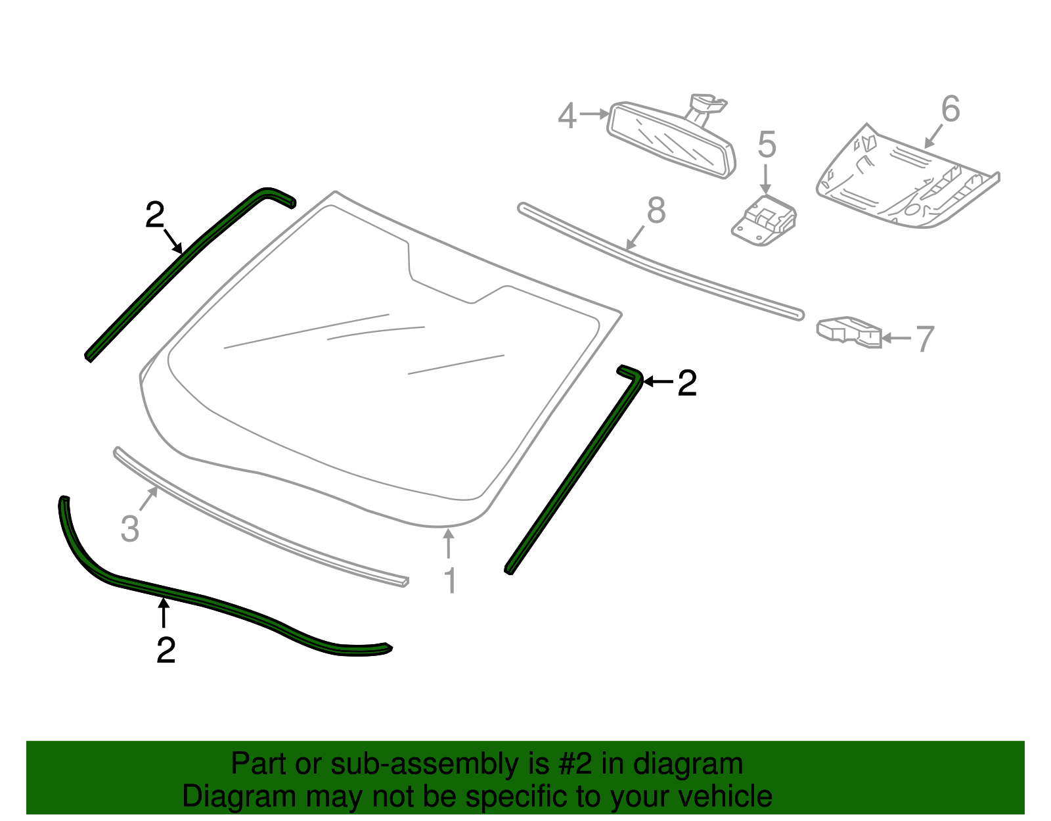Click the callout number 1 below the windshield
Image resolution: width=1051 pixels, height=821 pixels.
pyautogui.click(x=450, y=581)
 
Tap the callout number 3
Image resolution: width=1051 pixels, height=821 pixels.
pyautogui.click(x=130, y=528)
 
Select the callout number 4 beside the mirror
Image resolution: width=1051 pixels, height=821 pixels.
pyautogui.click(x=567, y=116)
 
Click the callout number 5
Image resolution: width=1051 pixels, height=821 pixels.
pyautogui.click(x=767, y=145)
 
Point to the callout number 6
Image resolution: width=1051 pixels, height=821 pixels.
pyautogui.click(x=950, y=109)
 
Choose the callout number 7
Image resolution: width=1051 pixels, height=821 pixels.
pyautogui.click(x=924, y=339)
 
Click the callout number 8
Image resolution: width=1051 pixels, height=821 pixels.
pyautogui.click(x=656, y=210)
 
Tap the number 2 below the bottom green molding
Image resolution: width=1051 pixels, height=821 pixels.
pyautogui.click(x=166, y=649)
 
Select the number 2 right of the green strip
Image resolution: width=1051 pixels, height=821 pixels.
pyautogui.click(x=686, y=383)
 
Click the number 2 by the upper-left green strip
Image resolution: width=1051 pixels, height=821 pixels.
pyautogui.click(x=154, y=215)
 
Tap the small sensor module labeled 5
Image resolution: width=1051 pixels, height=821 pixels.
pyautogui.click(x=764, y=220)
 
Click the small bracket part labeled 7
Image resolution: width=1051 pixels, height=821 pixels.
pyautogui.click(x=847, y=331)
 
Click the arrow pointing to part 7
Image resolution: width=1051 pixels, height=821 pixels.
pyautogui.click(x=896, y=338)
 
